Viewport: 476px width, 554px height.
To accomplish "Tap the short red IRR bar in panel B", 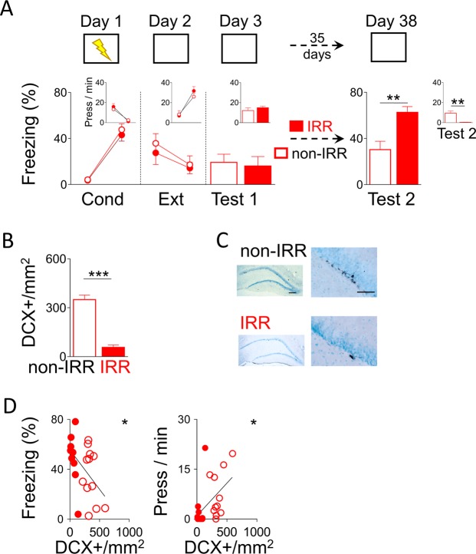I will point(113,351).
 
